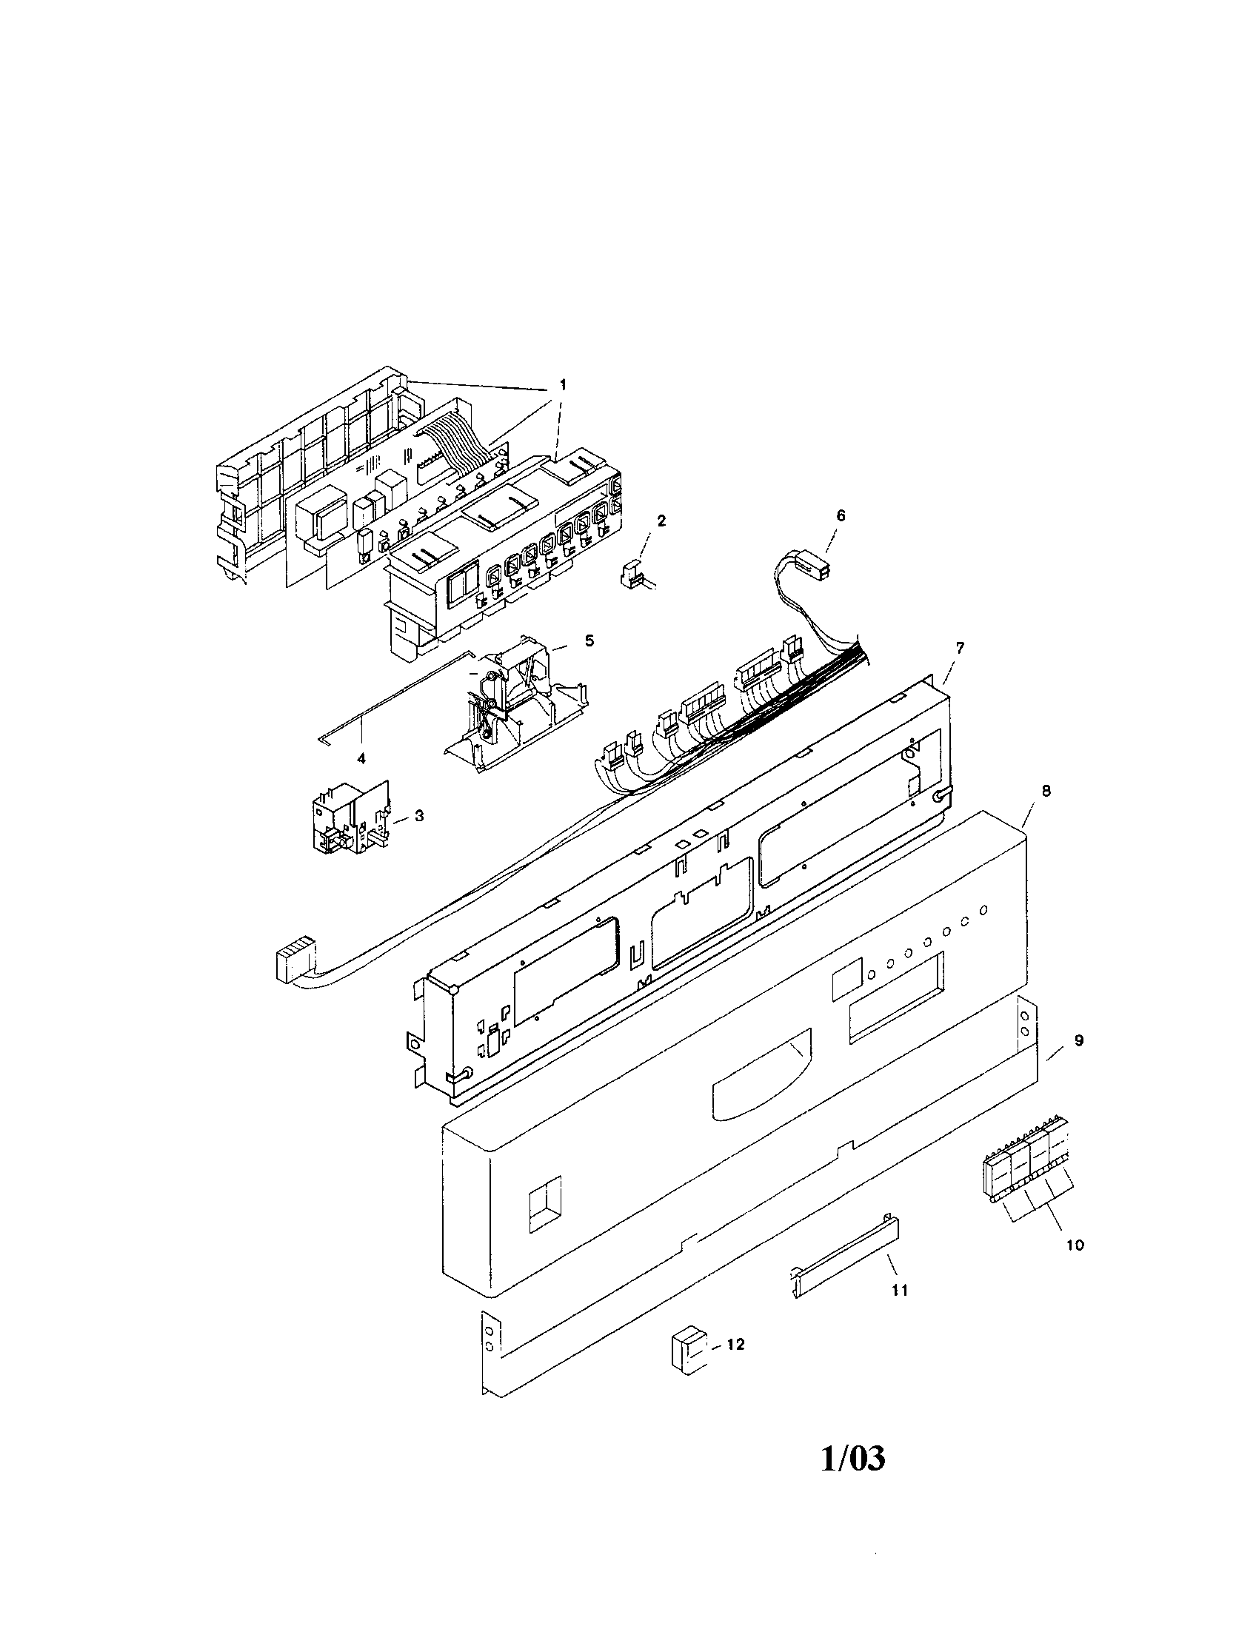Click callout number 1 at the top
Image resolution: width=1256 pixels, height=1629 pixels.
tap(562, 385)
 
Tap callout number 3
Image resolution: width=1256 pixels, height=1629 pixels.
tap(419, 817)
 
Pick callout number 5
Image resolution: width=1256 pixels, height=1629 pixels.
tap(589, 640)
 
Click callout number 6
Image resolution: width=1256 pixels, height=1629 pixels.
tap(841, 515)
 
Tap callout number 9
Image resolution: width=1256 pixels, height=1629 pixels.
tap(1078, 1040)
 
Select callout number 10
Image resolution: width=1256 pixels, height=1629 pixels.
tap(1075, 1245)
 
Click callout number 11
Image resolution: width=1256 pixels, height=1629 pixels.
tap(901, 1290)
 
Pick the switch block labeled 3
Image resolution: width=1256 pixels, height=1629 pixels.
tap(349, 818)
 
